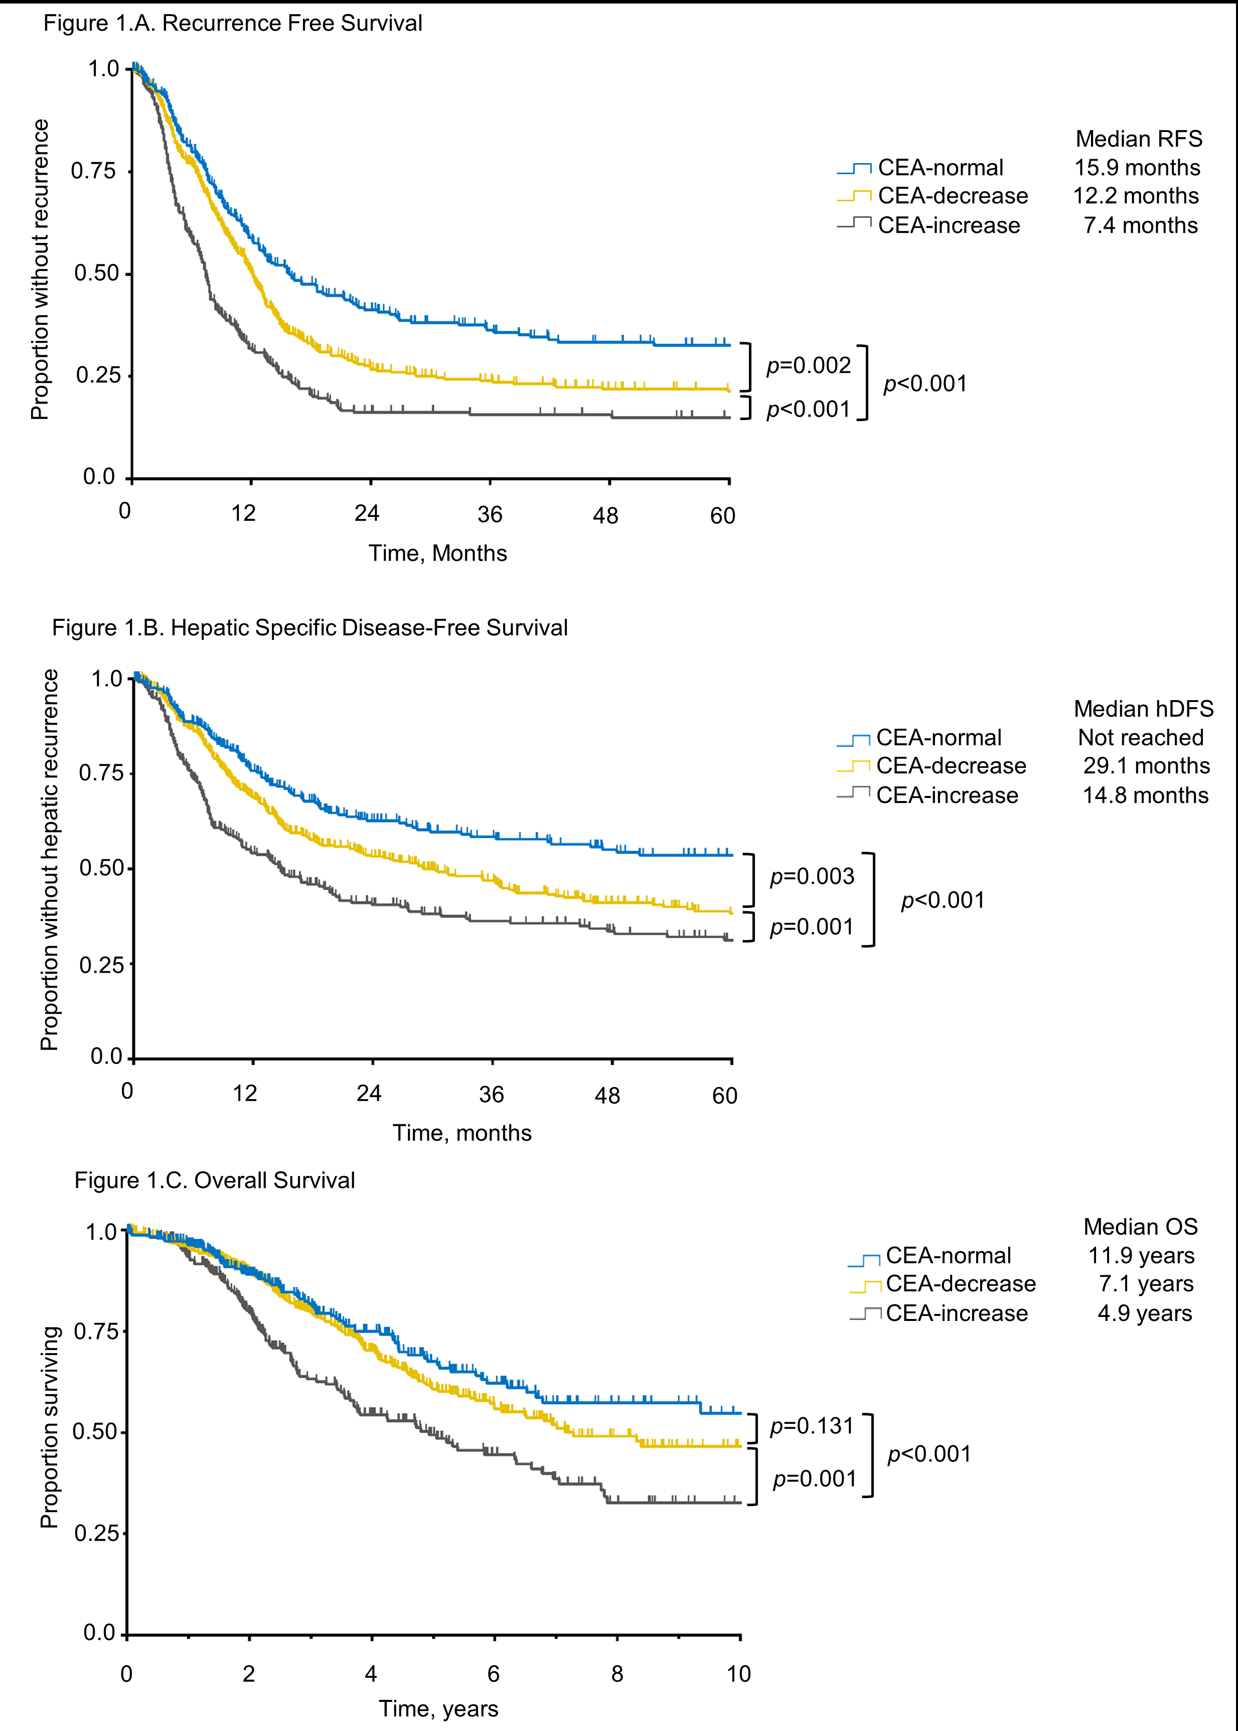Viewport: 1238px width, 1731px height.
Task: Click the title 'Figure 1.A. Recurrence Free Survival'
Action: point(233,24)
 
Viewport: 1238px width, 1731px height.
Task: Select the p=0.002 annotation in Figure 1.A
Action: point(808,366)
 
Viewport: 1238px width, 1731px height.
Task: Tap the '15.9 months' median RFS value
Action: point(1137,168)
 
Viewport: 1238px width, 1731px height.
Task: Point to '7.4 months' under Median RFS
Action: point(1140,226)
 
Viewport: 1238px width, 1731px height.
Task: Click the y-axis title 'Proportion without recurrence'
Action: point(40,269)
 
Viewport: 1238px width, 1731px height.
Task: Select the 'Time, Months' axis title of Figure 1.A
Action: point(437,553)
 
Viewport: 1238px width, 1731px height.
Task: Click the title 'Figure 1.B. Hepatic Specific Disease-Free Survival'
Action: point(309,627)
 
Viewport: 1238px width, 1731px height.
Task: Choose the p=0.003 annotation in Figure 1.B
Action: point(812,876)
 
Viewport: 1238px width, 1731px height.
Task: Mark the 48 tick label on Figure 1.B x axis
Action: point(607,1096)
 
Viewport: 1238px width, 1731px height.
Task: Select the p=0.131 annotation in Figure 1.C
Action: point(812,1425)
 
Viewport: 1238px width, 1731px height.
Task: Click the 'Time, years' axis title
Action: point(438,1709)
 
